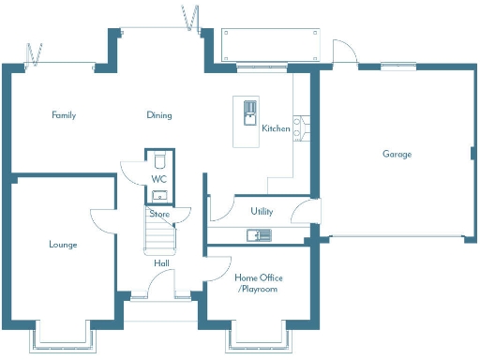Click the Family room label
pos(64,115)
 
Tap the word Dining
pos(158,115)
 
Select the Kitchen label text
pos(276,128)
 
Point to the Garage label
pos(396,154)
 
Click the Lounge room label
pos(63,245)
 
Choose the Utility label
pos(262,212)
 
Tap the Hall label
pos(161,263)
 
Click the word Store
pos(159,214)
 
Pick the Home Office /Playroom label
pos(258,283)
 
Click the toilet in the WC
pos(159,157)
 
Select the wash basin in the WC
pos(159,195)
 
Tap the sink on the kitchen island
pos(249,112)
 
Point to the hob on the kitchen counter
pos(297,127)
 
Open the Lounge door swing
pos(102,217)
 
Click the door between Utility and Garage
pos(302,213)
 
